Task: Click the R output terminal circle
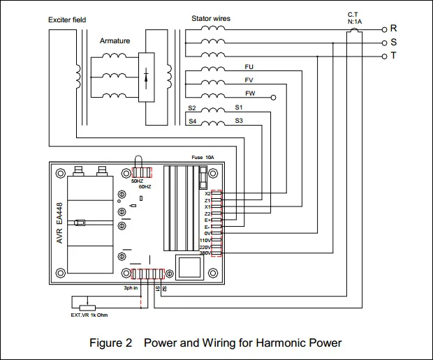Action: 385,30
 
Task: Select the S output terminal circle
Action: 385,43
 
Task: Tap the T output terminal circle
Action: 385,55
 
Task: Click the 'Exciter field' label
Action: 67,20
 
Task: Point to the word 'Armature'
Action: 115,41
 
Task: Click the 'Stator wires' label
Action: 211,17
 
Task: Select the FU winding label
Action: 249,67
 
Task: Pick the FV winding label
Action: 249,80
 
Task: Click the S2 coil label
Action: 192,108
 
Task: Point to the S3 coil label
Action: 239,121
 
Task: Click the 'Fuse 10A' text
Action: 203,158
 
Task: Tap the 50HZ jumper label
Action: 137,181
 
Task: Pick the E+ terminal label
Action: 207,220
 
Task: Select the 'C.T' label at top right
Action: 353,14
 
